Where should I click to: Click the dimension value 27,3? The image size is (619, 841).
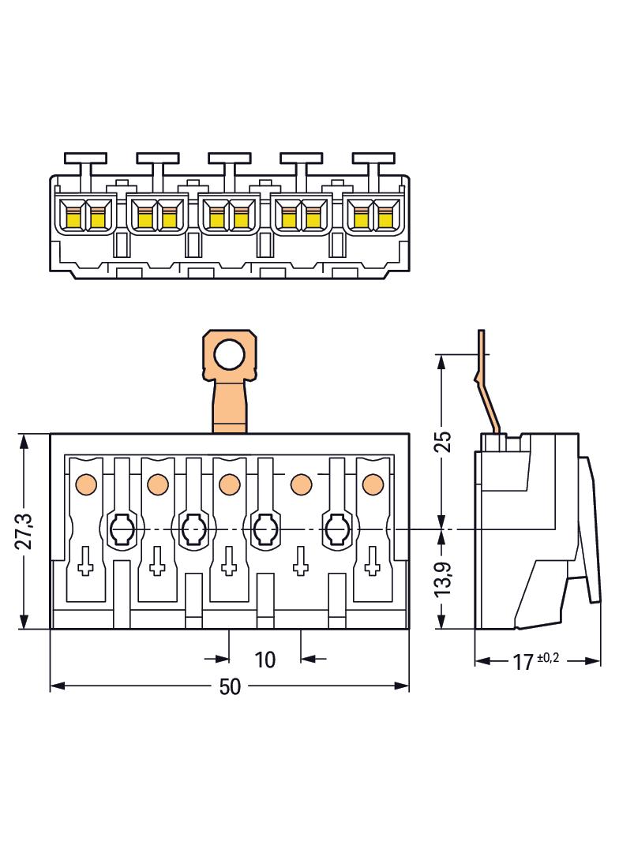pyautogui.click(x=24, y=533)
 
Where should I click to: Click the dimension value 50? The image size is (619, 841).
pyautogui.click(x=229, y=686)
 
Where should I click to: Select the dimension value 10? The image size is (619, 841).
pyautogui.click(x=265, y=659)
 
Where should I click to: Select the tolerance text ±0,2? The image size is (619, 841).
pyautogui.click(x=547, y=657)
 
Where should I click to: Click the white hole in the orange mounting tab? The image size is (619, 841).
pyautogui.click(x=230, y=356)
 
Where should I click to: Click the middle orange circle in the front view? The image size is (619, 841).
pyautogui.click(x=229, y=482)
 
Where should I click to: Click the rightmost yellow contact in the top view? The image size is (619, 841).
pyautogui.click(x=385, y=215)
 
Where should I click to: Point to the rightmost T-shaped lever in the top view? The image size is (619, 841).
pyautogui.click(x=372, y=163)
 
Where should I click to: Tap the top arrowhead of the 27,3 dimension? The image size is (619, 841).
pyautogui.click(x=24, y=439)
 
